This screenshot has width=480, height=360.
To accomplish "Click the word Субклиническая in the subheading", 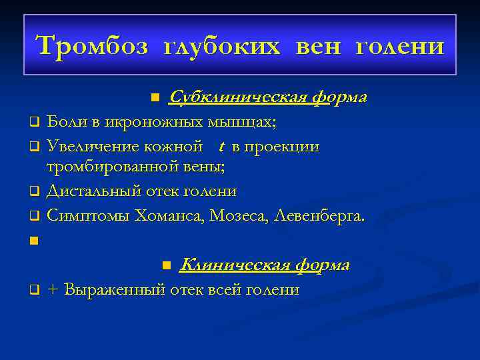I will click(239, 97).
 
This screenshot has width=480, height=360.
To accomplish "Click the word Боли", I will click(65, 122).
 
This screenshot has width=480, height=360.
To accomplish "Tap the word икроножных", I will click(139, 122).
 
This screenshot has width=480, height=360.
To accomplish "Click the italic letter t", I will click(221, 146).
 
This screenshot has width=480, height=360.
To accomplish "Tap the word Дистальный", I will click(90, 191).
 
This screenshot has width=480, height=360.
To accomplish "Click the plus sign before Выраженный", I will click(53, 290).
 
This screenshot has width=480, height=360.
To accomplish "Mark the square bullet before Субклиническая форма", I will click(155, 99).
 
